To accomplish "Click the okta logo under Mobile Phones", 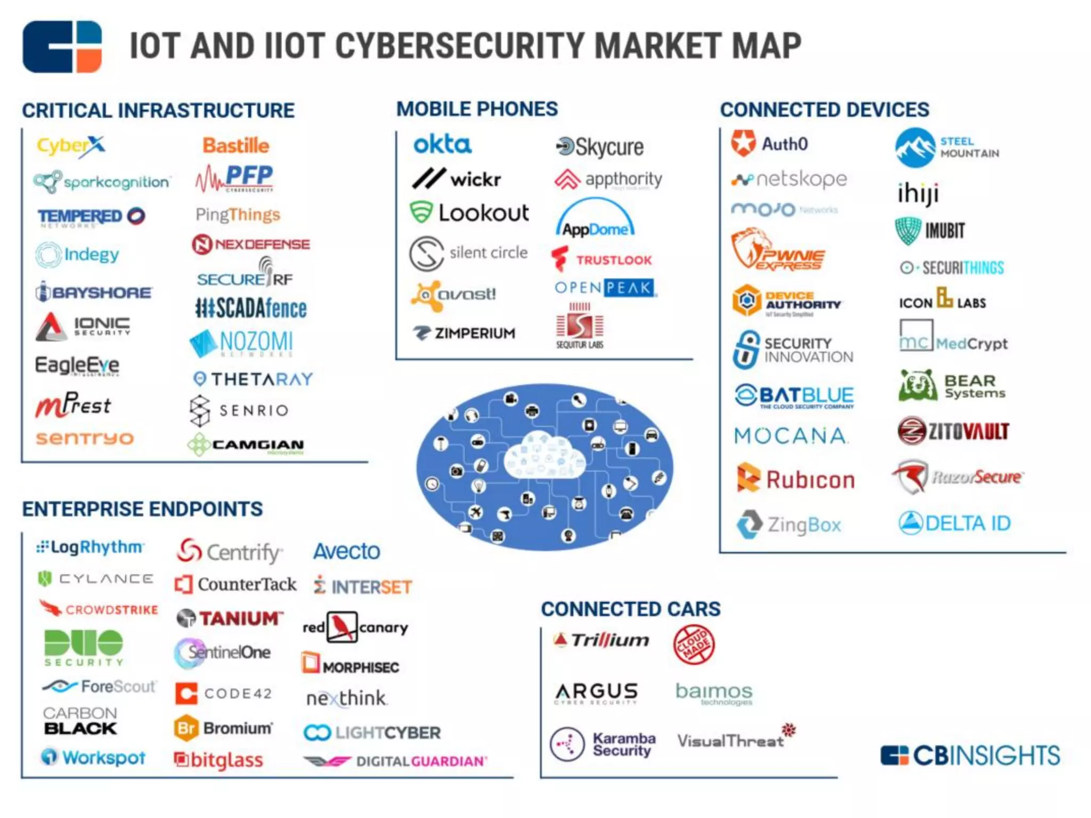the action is (442, 144).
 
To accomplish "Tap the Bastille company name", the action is (236, 145).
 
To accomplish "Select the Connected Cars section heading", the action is (631, 609).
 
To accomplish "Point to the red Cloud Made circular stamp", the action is (694, 645).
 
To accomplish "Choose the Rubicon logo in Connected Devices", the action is (796, 479).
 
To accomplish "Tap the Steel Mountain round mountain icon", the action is (915, 148).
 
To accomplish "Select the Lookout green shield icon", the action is (421, 212).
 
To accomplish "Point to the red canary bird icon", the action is (341, 627).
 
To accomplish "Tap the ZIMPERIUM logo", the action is (465, 333).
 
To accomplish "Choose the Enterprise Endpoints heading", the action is (142, 509).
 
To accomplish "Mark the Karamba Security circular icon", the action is (567, 744).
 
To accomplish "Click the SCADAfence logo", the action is (251, 308).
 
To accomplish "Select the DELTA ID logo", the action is (954, 523).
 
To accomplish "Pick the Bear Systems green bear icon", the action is (917, 386).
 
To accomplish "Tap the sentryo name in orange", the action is (84, 438).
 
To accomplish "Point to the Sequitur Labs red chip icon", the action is (580, 325).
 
